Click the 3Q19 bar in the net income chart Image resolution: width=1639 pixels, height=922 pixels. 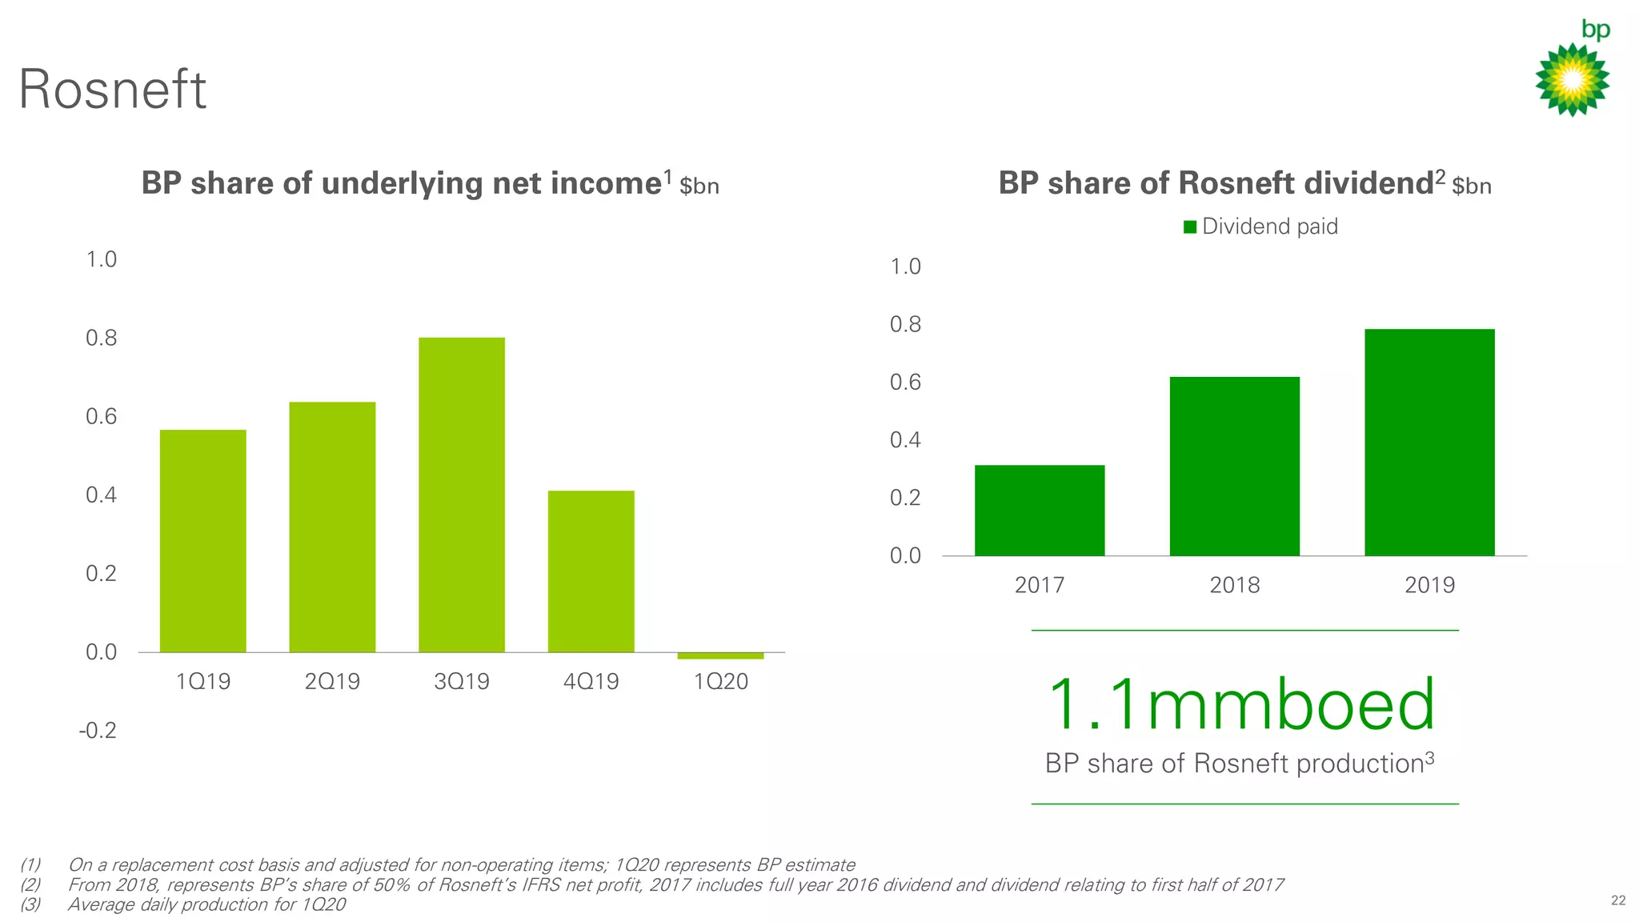(x=462, y=495)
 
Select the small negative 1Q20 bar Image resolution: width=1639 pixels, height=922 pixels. (x=720, y=655)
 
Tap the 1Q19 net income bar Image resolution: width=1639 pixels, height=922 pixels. (x=203, y=541)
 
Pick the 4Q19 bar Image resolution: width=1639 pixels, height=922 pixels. (x=591, y=571)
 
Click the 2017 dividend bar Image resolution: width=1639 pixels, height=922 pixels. (x=1040, y=511)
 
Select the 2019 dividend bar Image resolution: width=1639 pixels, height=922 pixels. (x=1429, y=443)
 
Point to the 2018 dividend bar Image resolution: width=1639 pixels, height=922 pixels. (x=1235, y=467)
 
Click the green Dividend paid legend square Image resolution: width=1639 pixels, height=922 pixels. (x=1190, y=226)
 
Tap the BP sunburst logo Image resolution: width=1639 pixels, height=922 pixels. (x=1572, y=80)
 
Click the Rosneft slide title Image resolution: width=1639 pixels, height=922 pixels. (x=113, y=89)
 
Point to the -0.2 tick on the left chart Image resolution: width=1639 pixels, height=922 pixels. (x=98, y=730)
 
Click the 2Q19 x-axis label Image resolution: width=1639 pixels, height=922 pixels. (x=332, y=681)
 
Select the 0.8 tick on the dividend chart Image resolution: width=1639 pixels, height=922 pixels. (x=905, y=324)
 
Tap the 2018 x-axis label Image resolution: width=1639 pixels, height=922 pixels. (x=1235, y=585)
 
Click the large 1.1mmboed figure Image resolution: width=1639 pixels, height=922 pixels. (x=1240, y=705)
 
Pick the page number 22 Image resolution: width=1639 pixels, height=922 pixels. (x=1617, y=900)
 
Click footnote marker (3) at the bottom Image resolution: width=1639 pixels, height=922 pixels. (x=30, y=904)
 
